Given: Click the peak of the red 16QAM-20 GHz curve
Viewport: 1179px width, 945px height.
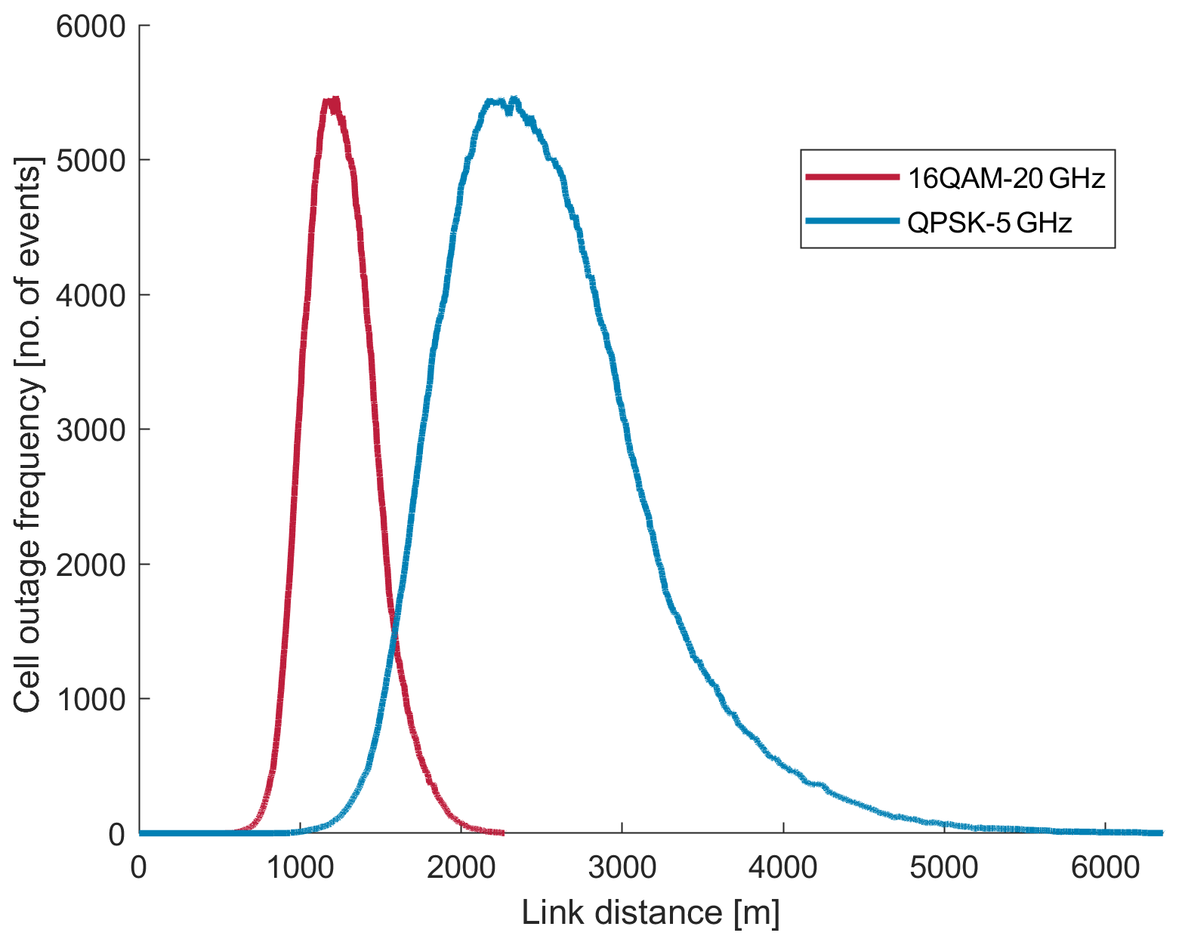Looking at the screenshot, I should [332, 100].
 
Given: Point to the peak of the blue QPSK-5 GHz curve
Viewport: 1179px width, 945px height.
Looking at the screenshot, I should [514, 99].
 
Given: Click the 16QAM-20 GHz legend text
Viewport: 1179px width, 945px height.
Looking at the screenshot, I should [1006, 178].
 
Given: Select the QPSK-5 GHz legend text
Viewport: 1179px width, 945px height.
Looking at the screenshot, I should [989, 223].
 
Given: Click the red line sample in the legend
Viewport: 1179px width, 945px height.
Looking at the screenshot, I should [853, 177].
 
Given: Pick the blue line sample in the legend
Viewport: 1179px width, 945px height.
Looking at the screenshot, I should [853, 221].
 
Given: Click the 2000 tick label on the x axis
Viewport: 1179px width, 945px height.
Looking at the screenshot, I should [461, 868].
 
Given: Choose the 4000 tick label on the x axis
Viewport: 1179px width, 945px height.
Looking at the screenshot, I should [783, 868].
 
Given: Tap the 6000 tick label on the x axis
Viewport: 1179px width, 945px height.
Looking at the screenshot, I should [1105, 868].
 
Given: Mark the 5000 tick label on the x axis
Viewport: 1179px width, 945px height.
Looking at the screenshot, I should [944, 868].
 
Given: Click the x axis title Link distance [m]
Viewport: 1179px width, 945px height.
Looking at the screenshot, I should [650, 913].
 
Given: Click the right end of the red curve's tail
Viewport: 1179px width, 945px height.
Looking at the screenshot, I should [502, 833].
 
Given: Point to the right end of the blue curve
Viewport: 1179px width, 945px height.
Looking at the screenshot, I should [1162, 833].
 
